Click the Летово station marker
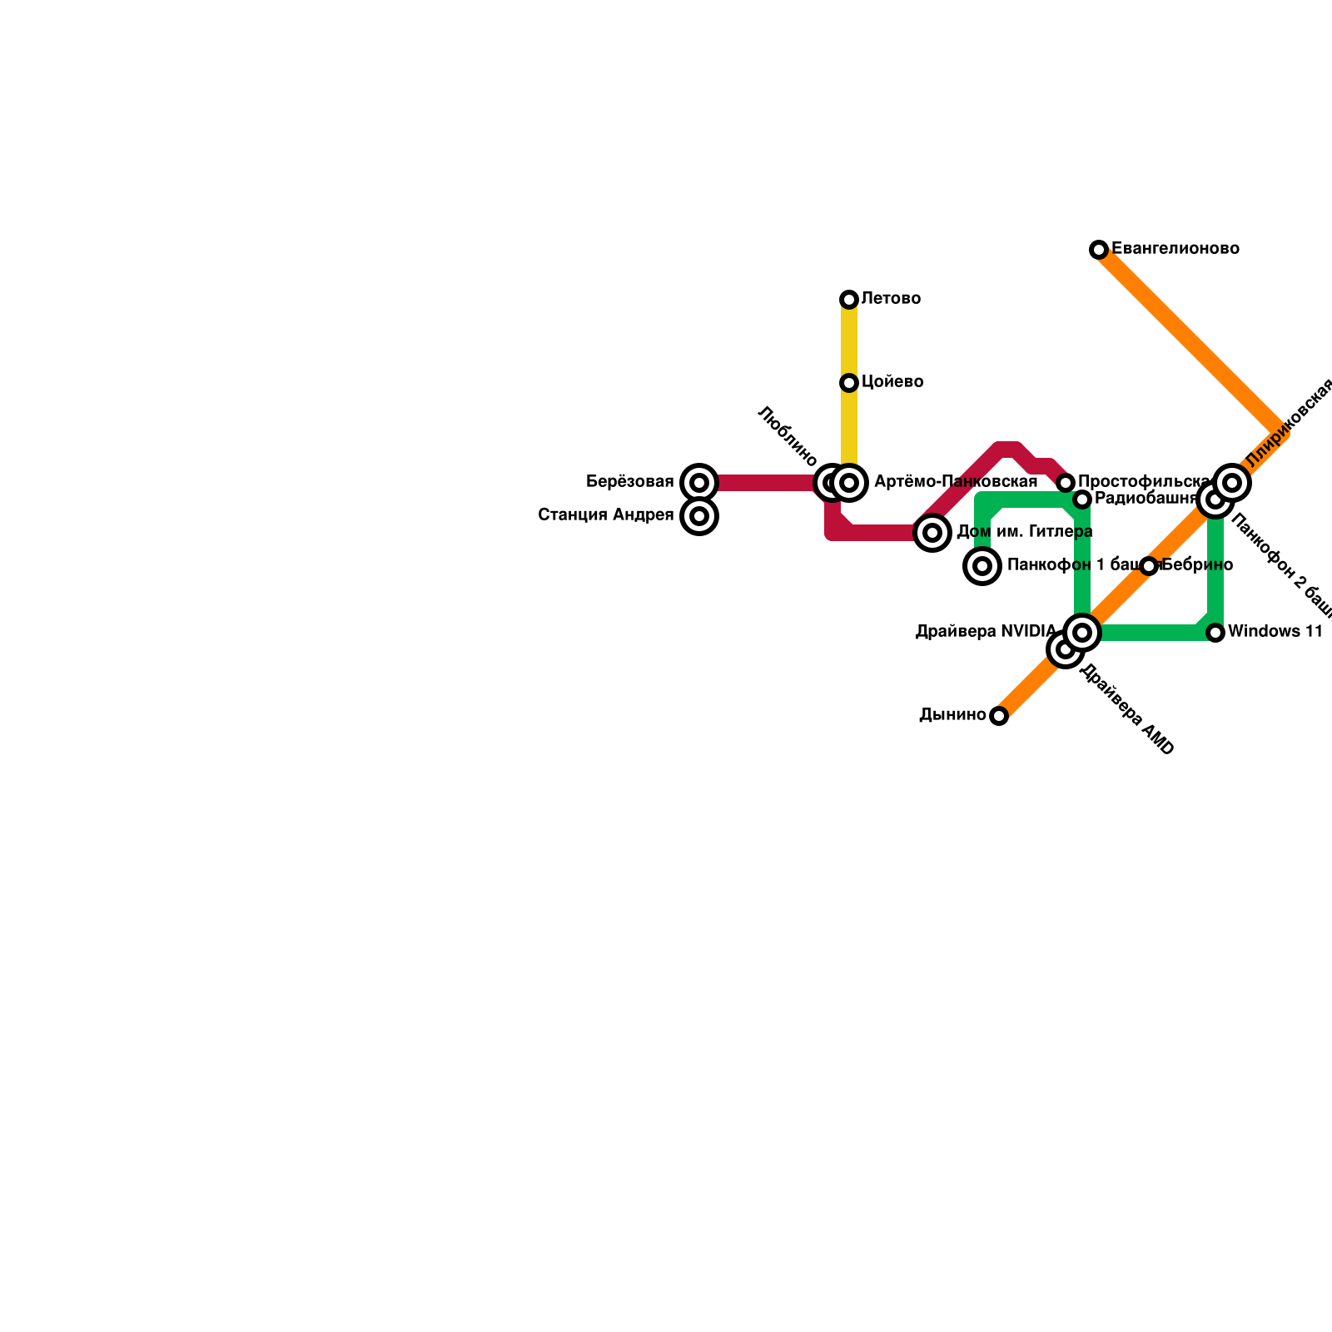click(849, 300)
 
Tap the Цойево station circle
click(849, 383)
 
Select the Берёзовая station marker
click(699, 483)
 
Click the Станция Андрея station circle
click(699, 516)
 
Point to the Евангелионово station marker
click(1099, 250)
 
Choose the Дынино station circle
click(999, 716)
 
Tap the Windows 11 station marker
click(1215, 633)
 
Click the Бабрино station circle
click(1149, 566)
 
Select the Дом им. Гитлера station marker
click(932, 533)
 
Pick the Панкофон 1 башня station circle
click(982, 566)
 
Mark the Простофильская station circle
click(1066, 483)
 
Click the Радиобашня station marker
click(1082, 499)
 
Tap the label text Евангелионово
click(1175, 249)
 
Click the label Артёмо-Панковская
click(956, 482)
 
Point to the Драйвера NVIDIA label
click(986, 632)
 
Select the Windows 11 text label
click(1275, 632)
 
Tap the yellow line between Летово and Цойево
click(849, 341)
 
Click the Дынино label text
click(952, 715)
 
